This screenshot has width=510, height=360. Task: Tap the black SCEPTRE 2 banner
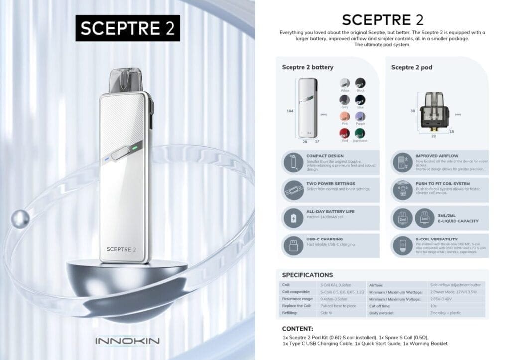point(127,28)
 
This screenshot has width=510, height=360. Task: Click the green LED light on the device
point(135,148)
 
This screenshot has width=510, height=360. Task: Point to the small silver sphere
point(22,217)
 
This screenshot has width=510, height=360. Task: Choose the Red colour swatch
point(344,133)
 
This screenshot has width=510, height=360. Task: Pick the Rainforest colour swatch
point(360,133)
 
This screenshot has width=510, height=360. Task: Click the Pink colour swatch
point(344,116)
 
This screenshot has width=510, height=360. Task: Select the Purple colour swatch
point(360,116)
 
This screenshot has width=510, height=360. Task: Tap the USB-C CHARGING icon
point(291,245)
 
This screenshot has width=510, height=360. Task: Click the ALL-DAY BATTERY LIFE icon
point(291,218)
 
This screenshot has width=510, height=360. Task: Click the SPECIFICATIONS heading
point(307,275)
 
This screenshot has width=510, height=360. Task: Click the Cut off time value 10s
point(433,306)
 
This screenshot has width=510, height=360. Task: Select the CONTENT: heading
point(297,329)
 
